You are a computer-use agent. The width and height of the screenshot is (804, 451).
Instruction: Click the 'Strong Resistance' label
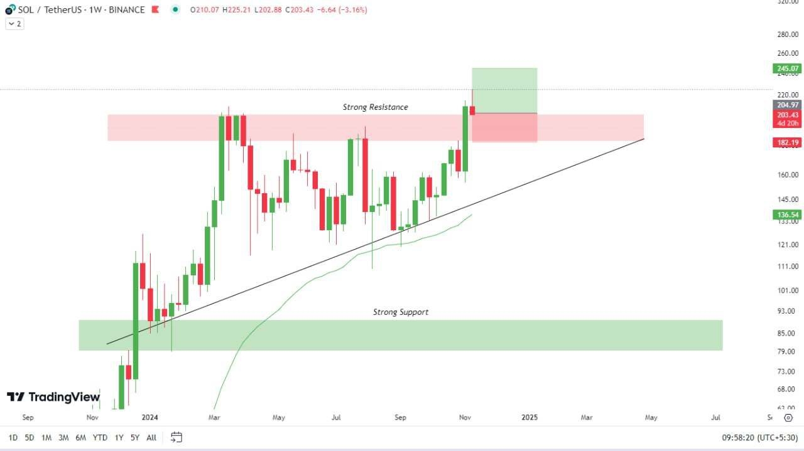pos(375,107)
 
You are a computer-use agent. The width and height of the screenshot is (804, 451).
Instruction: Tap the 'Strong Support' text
pos(401,312)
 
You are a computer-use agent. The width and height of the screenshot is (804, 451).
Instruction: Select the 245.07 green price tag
pos(787,68)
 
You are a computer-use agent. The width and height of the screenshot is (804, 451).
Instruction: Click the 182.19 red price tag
pos(787,143)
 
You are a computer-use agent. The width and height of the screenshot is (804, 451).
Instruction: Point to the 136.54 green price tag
pos(787,215)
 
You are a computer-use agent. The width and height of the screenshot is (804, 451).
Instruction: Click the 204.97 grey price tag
pos(787,105)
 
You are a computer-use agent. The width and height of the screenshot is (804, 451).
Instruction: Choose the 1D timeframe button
pos(13,437)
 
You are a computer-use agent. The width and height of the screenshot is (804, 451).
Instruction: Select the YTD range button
pos(100,437)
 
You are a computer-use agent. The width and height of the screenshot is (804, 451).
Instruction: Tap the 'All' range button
pos(151,437)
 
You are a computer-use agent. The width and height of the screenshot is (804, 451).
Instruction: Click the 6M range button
pos(80,437)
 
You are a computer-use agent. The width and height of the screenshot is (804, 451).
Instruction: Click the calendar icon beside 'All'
pos(177,437)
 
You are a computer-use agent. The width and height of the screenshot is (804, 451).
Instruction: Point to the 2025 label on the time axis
pos(530,417)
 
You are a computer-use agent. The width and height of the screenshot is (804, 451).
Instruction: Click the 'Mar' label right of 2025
pos(586,417)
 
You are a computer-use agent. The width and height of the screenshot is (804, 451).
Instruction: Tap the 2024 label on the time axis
pos(149,417)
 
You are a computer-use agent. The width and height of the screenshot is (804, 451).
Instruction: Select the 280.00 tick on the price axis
pos(787,34)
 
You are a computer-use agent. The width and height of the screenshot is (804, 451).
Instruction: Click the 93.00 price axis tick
pos(787,311)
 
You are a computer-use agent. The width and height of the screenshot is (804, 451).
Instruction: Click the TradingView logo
pos(53,397)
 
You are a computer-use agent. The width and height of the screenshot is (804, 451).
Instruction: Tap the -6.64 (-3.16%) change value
pos(343,10)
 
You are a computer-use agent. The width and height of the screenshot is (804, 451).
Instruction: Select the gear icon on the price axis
pos(788,417)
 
